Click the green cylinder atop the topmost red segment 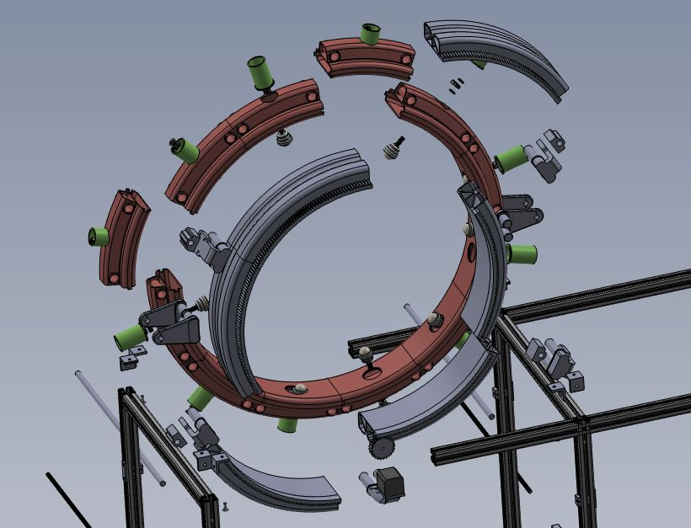[x=370, y=34]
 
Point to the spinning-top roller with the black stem [x=394, y=148]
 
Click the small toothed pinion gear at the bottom [x=383, y=447]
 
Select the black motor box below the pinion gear [x=390, y=483]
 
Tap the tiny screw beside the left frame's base [x=226, y=505]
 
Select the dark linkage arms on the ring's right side [x=519, y=211]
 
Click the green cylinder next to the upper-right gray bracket [x=511, y=157]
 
